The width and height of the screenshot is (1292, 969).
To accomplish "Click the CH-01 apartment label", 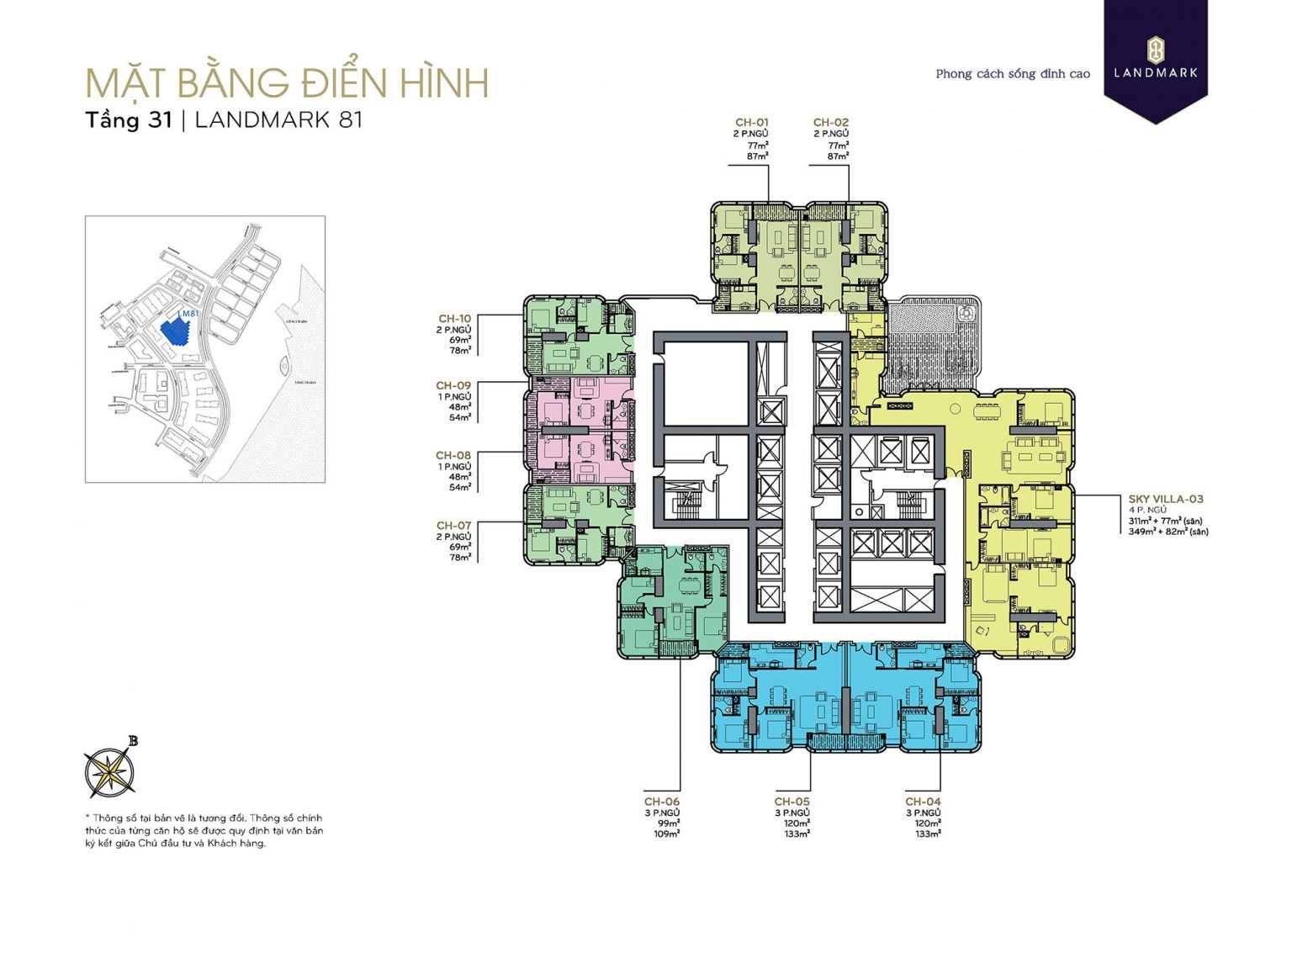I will [x=751, y=123].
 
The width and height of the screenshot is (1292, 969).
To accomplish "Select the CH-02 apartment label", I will [x=831, y=123].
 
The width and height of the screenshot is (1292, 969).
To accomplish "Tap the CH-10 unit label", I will [x=454, y=319].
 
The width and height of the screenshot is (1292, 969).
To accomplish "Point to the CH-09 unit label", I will [x=453, y=386].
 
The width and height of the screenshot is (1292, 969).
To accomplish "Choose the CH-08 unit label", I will [x=453, y=456].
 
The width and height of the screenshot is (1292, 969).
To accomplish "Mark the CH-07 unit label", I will [x=453, y=526].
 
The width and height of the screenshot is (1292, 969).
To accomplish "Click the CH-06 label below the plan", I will [x=661, y=802].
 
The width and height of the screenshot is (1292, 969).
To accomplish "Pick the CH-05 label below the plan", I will [x=792, y=802].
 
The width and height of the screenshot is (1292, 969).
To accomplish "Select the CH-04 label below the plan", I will [x=923, y=802].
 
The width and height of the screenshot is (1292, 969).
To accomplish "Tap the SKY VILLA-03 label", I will [x=1165, y=499].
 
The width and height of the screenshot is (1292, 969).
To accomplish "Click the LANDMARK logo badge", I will [x=1156, y=59].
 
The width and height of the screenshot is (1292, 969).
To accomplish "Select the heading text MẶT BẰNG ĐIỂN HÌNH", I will [x=287, y=83].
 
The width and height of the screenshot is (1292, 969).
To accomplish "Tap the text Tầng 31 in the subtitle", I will [x=129, y=120].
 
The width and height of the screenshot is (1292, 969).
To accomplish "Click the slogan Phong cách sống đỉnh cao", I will [x=1012, y=74].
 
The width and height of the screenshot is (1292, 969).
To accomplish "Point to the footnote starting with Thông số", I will [x=204, y=830].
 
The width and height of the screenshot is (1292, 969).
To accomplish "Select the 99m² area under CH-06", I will [x=669, y=823].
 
